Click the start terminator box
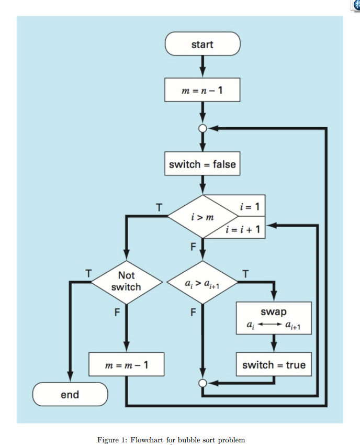(x=203, y=44)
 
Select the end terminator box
(x=70, y=394)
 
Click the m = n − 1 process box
(x=203, y=90)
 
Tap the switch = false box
(x=203, y=164)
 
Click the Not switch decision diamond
(x=126, y=282)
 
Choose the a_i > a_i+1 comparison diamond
(x=202, y=283)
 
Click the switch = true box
(x=274, y=364)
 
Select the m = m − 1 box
(x=126, y=364)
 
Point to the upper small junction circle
(x=203, y=128)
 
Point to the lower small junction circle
(x=203, y=383)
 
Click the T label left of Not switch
(x=88, y=273)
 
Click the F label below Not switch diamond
(x=117, y=314)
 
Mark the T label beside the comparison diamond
(x=246, y=273)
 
